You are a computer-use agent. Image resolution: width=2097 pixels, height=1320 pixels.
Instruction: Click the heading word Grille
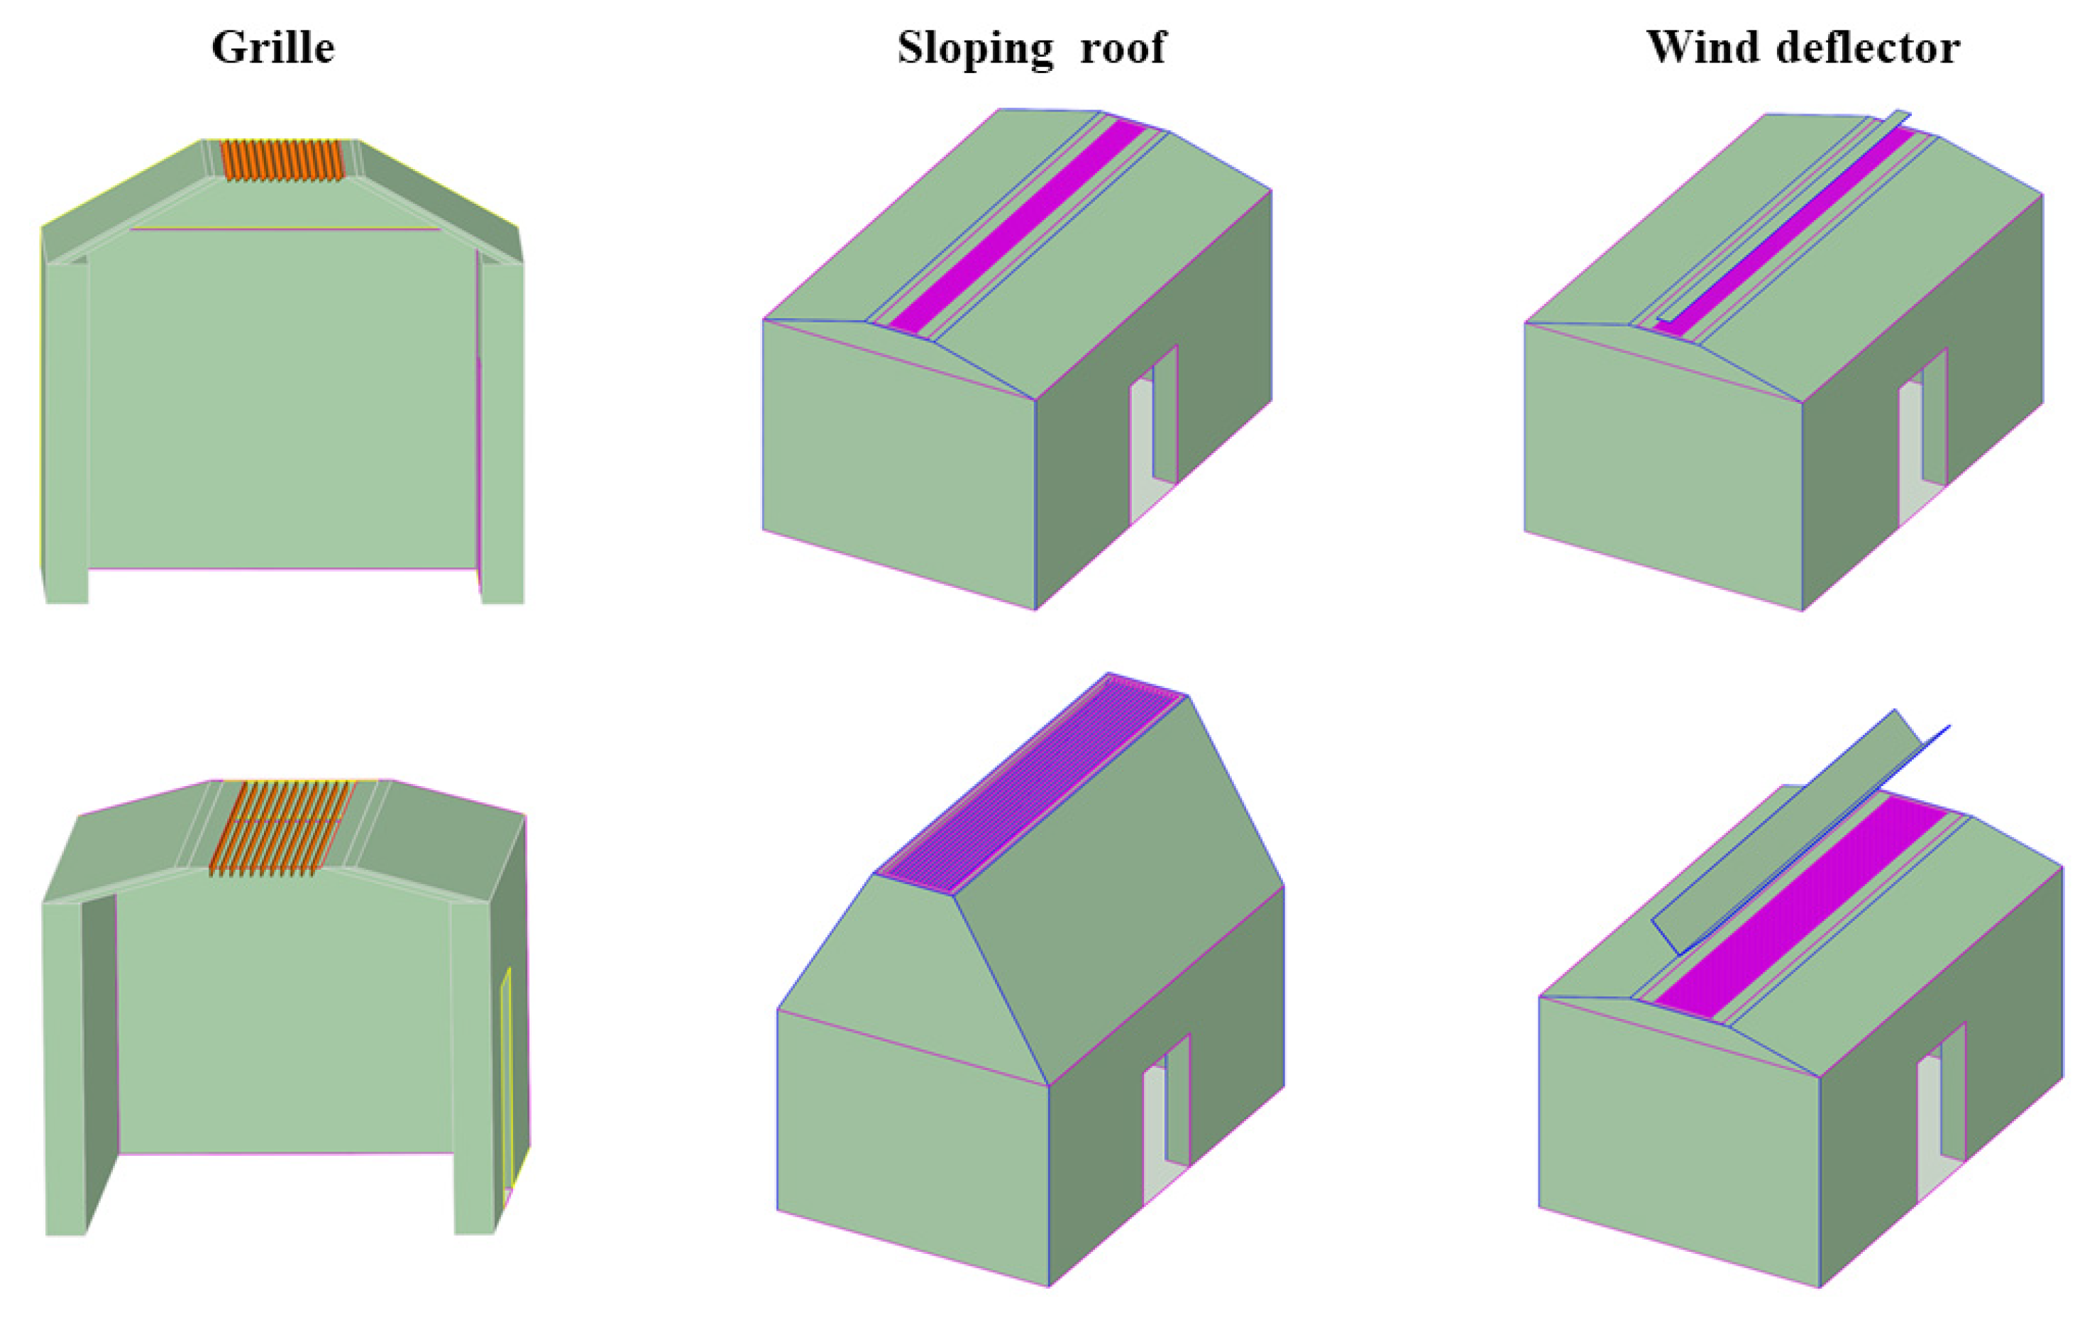(x=273, y=47)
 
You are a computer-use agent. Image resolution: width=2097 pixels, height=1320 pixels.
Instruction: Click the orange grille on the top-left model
(x=281, y=160)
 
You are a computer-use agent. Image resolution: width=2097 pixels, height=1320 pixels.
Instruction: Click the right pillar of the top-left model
(x=502, y=431)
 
